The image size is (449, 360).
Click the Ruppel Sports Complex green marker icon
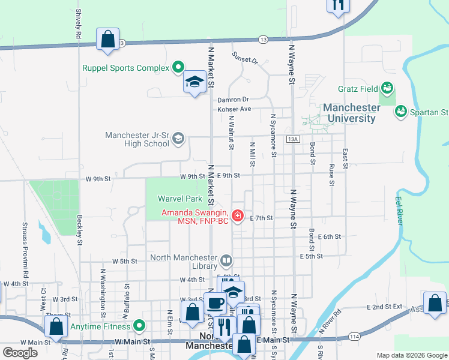pyautogui.click(x=178, y=68)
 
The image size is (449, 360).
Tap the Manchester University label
pyautogui.click(x=351, y=113)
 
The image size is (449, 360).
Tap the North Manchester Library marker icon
pyautogui.click(x=226, y=261)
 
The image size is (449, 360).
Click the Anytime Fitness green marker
pyautogui.click(x=139, y=326)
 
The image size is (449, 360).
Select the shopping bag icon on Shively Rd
pyautogui.click(x=107, y=39)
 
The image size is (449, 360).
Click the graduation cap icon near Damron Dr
pyautogui.click(x=194, y=82)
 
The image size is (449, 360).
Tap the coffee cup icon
pyautogui.click(x=215, y=303)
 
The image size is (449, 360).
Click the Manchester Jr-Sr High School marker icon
pyautogui.click(x=178, y=139)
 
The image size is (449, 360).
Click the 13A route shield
pyautogui.click(x=292, y=139)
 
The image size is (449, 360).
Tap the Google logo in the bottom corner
pyautogui.click(x=20, y=353)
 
